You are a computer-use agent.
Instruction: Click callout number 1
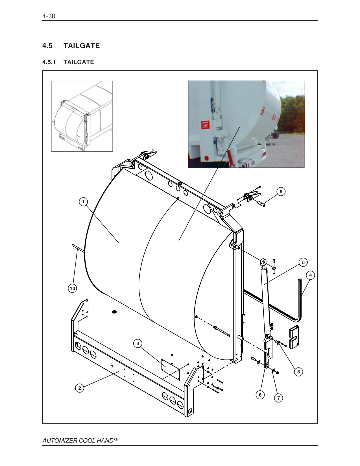click(x=83, y=202)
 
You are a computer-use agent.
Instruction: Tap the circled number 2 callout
click(x=80, y=388)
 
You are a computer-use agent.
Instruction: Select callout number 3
click(x=138, y=343)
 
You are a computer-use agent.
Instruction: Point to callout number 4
click(x=311, y=275)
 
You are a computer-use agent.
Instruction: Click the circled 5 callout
click(x=303, y=262)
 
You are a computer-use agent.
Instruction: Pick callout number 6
click(x=260, y=395)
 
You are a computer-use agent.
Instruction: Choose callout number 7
click(x=278, y=398)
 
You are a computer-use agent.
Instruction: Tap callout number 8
click(x=298, y=372)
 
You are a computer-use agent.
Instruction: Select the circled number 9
click(x=281, y=191)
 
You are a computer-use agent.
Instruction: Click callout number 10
click(x=73, y=288)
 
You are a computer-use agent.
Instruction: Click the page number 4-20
click(x=49, y=16)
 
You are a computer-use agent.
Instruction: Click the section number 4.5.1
click(x=49, y=62)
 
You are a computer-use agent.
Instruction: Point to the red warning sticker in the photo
click(x=205, y=125)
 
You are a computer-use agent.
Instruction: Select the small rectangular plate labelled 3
click(x=170, y=369)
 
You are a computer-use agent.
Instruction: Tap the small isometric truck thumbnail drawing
click(x=82, y=116)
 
